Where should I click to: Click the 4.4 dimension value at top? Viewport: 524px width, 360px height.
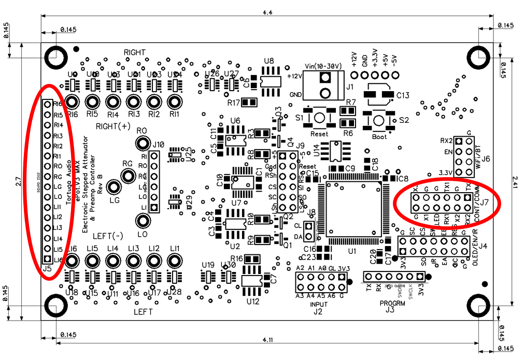267,11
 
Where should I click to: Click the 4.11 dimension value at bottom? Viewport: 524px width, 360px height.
267,340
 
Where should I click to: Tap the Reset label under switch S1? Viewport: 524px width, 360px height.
319,134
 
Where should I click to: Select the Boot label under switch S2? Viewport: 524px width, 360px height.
379,137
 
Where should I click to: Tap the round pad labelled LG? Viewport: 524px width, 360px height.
112,188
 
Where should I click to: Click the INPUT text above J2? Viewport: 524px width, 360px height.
319,304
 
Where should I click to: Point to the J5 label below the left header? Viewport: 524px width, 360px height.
47,268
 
